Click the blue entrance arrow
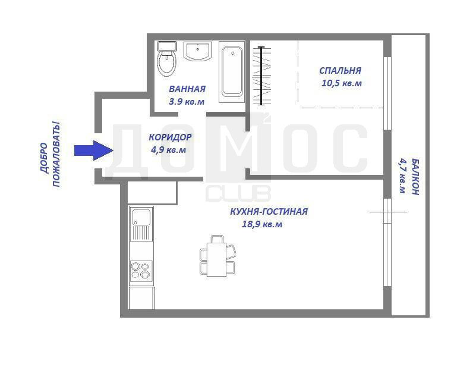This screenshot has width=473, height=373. tap(94, 151)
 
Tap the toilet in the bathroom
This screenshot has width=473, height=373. tap(167, 58)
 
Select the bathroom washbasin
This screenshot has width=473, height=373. tap(198, 51)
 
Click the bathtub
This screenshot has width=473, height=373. tap(232, 72)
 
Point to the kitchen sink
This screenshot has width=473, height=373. tap(141, 224)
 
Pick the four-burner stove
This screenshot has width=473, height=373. tap(141, 270)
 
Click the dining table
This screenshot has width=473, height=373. tap(216, 259)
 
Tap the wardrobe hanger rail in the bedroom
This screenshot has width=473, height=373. tap(261, 76)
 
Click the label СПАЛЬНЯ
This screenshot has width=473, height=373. tap(340, 71)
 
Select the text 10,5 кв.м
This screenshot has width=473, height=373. tap(342, 83)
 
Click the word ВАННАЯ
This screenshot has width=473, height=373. tap(187, 89)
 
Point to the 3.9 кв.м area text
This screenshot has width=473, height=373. tap(187, 102)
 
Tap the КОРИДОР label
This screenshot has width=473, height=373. tap(170, 137)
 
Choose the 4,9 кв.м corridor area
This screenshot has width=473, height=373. tap(169, 150)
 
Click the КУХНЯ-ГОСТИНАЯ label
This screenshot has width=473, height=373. tap(269, 211)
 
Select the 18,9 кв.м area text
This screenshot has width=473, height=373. tap(262, 224)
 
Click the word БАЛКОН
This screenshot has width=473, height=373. tap(415, 177)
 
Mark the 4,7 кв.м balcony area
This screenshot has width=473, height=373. tap(403, 175)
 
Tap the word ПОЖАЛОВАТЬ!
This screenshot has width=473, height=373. tap(56, 154)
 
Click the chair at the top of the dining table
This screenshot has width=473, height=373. tap(217, 239)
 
